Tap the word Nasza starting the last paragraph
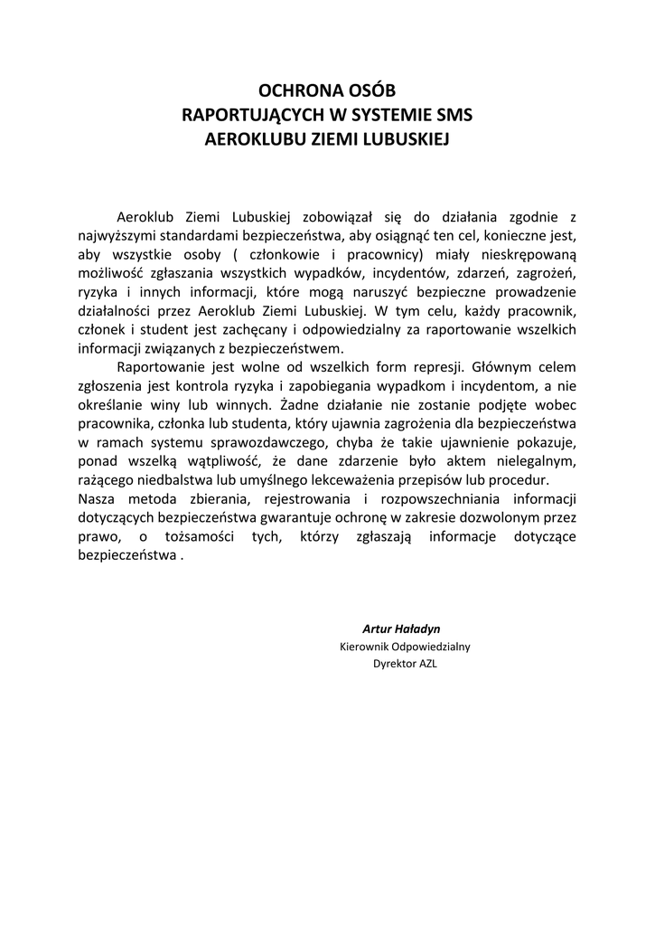pyautogui.click(x=97, y=499)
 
